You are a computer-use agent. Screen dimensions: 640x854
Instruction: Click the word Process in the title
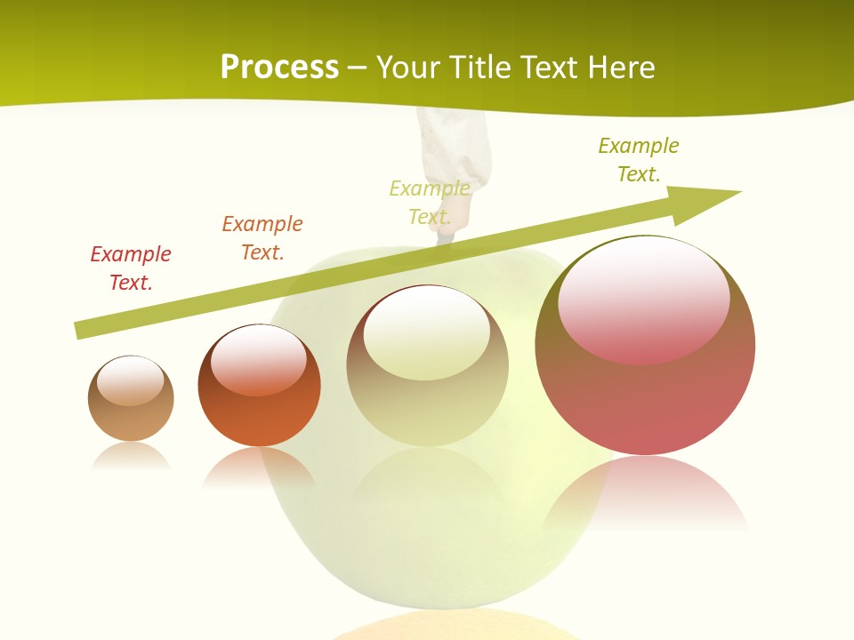click(279, 67)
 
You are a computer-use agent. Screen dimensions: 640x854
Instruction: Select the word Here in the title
click(619, 67)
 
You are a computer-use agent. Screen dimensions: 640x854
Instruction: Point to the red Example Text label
click(131, 268)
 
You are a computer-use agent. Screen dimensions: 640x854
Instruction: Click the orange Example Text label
click(262, 238)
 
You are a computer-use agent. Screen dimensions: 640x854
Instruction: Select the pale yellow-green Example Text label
click(430, 203)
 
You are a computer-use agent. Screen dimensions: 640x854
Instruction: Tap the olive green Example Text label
click(639, 159)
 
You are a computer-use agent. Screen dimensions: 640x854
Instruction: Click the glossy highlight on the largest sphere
click(644, 300)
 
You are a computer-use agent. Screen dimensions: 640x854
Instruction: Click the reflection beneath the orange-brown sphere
click(259, 467)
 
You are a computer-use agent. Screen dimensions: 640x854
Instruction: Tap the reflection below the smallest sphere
click(131, 456)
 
